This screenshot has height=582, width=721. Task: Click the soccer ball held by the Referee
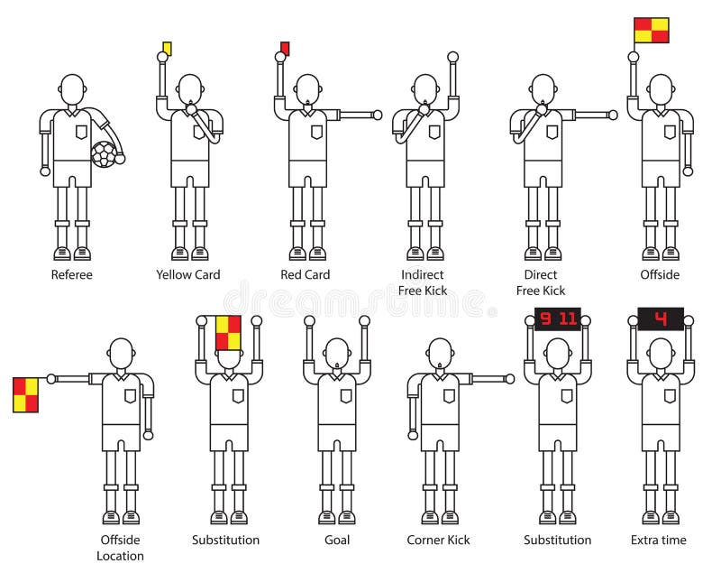tap(105, 154)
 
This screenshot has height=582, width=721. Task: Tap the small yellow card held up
tap(167, 48)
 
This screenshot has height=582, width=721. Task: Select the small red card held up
tap(285, 48)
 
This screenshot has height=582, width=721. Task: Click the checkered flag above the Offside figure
tap(651, 31)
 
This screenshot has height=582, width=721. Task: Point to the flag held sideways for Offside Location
tap(25, 394)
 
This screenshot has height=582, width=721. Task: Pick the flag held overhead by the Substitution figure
tap(228, 332)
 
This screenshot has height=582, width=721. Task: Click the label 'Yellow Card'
tap(187, 274)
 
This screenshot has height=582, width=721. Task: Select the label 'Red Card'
tap(306, 274)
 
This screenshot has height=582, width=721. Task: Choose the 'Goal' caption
tap(337, 540)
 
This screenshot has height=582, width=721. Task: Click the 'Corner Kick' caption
tap(438, 540)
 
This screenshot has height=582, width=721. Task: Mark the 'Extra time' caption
tap(658, 540)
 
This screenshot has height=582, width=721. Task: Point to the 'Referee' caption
tap(71, 274)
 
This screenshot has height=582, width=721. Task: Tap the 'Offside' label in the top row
tap(660, 274)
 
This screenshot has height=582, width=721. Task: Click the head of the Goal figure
tap(337, 353)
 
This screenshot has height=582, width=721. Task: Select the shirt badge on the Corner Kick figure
tap(448, 395)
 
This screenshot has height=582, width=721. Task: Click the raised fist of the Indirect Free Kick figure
tap(452, 57)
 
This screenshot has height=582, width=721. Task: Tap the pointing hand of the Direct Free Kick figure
tap(613, 115)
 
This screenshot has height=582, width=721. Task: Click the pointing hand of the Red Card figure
tap(377, 115)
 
